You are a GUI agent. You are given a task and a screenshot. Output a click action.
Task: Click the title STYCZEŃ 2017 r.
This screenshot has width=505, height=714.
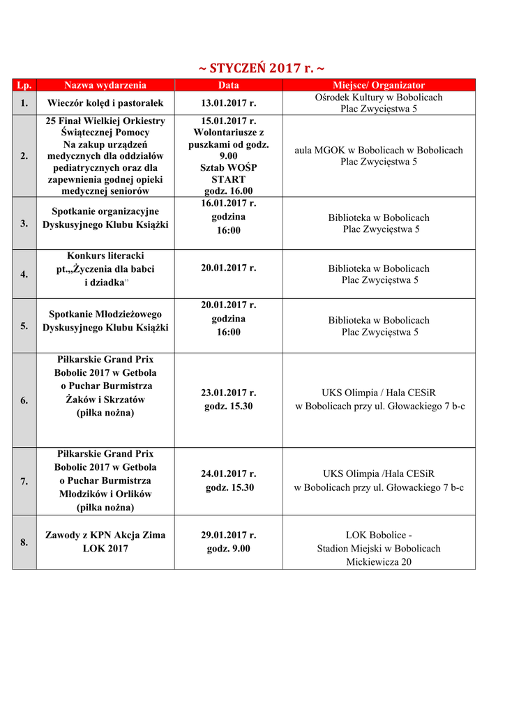tap(262, 68)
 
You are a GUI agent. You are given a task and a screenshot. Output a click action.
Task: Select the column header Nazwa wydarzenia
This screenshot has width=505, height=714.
tap(105, 85)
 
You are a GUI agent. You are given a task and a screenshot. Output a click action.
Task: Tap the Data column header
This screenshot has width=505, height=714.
tap(228, 85)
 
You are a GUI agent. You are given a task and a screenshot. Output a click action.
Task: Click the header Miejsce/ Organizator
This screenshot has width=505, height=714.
tap(379, 85)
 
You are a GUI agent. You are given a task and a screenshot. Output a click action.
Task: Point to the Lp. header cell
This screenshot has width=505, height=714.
tap(24, 85)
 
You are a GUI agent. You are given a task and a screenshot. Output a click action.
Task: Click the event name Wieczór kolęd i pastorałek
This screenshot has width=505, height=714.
tap(105, 103)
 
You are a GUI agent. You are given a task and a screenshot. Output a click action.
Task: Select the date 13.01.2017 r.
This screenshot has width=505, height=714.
tap(228, 103)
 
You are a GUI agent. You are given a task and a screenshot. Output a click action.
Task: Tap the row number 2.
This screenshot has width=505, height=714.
tap(24, 156)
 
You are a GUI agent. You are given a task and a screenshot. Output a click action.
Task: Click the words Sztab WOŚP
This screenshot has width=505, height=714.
tap(228, 167)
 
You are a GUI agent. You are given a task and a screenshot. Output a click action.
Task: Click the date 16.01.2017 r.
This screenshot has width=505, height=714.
tap(228, 204)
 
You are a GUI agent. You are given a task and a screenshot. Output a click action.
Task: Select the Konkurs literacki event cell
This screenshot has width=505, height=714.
tap(105, 268)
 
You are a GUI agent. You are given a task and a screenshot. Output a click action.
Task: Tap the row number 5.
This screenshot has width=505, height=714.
tap(24, 326)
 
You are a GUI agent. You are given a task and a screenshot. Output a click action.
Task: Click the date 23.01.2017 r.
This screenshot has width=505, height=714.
tap(228, 393)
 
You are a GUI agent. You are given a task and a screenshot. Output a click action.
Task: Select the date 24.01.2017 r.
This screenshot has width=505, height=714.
tap(229, 474)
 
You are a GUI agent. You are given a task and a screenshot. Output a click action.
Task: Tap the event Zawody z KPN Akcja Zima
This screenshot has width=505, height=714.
tap(105, 535)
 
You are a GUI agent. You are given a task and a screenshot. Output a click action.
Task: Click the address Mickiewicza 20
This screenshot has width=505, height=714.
tap(379, 561)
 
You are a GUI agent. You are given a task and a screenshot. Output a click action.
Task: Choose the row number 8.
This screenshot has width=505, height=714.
tap(24, 542)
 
